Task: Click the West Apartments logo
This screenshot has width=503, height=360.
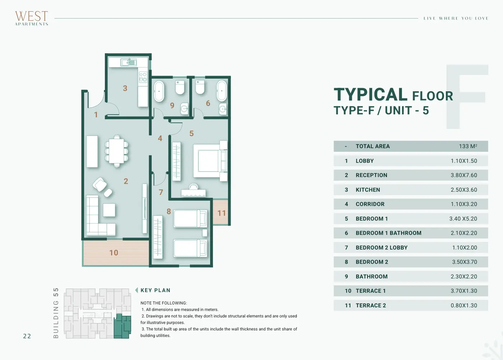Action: (32, 18)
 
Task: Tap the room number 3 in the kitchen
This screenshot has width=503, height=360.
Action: (125, 88)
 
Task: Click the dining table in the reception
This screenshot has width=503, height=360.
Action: (116, 151)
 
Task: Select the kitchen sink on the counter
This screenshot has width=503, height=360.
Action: (129, 62)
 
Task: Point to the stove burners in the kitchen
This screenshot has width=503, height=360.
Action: (143, 77)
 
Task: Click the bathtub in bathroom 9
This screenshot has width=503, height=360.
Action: (159, 91)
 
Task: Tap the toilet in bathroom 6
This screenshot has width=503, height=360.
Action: (200, 87)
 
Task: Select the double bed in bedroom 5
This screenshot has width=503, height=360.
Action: (211, 161)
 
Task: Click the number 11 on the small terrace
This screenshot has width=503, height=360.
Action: (221, 213)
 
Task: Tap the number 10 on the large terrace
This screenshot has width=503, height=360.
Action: (114, 253)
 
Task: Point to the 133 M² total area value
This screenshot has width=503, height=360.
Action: (468, 146)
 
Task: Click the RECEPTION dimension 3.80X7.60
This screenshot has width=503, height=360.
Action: (464, 175)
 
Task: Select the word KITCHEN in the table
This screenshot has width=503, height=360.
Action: (368, 190)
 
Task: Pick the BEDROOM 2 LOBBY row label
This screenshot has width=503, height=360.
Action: (382, 248)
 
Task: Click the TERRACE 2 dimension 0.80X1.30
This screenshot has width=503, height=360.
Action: (464, 306)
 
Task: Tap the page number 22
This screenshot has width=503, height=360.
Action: (27, 336)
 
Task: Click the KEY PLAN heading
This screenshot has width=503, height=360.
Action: (155, 290)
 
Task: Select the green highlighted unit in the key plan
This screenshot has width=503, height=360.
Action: (122, 326)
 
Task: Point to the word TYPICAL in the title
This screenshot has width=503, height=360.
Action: (370, 95)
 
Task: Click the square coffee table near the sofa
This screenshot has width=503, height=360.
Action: (109, 210)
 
